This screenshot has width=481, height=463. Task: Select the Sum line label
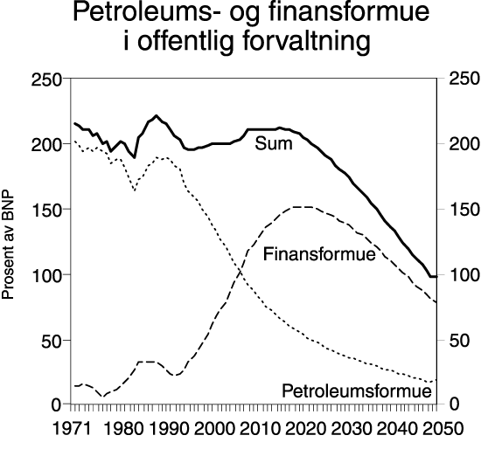[x=273, y=142]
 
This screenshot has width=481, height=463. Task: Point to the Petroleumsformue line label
[x=357, y=390]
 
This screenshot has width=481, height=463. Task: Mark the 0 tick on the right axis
[x=449, y=405]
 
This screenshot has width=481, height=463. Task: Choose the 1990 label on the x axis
[x=169, y=429]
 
